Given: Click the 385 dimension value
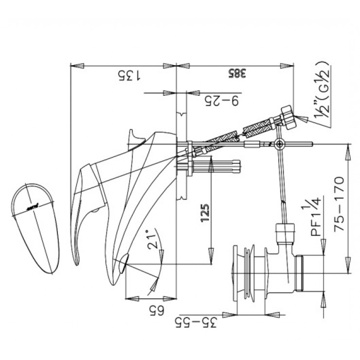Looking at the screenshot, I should pyautogui.click(x=236, y=74).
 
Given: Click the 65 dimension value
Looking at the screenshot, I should pyautogui.click(x=150, y=308).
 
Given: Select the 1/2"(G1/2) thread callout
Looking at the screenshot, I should pyautogui.click(x=321, y=95).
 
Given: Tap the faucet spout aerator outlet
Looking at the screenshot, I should pyautogui.click(x=123, y=263).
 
